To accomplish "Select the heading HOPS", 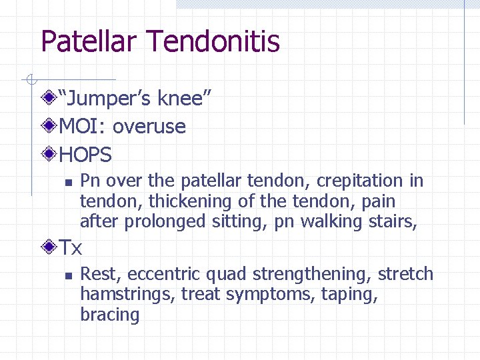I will tap(86, 155).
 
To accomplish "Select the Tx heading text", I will tap(71, 249).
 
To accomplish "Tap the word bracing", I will tap(109, 315).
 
